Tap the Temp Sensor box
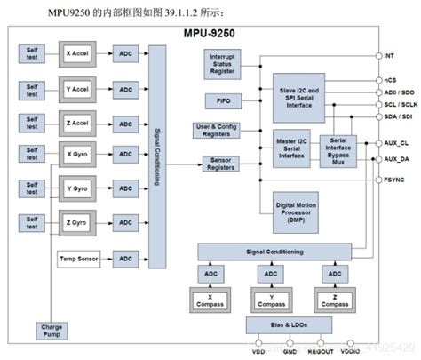(x=79, y=259)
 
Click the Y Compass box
(x=273, y=300)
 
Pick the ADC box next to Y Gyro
(x=125, y=189)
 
